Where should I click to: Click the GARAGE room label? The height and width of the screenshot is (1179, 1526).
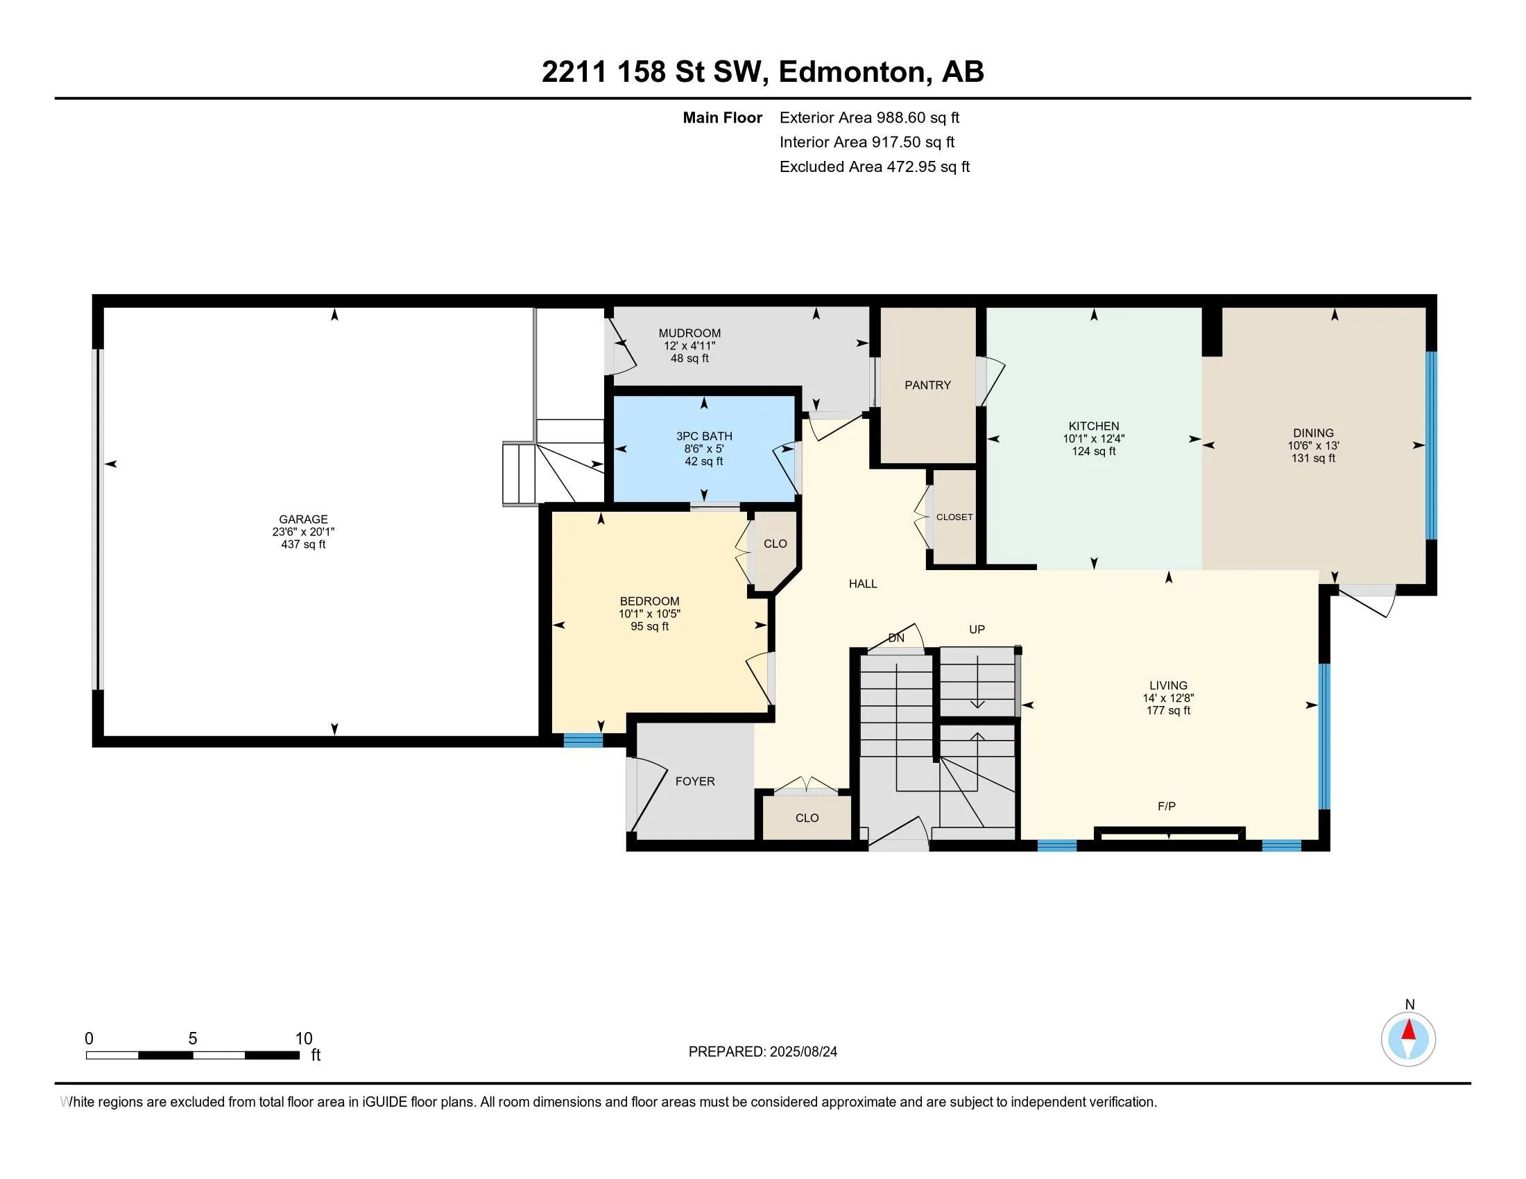[x=303, y=519]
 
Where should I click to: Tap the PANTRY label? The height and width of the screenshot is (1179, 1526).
[x=927, y=385]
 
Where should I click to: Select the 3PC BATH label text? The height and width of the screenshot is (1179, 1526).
[x=703, y=436]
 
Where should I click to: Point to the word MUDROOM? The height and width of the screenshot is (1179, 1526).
[x=689, y=333]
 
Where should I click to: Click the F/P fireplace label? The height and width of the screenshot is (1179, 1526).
[x=1166, y=806]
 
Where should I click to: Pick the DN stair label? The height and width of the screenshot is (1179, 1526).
[x=895, y=637]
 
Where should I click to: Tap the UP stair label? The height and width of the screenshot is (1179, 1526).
[x=977, y=629]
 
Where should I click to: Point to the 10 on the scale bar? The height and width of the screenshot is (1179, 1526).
[x=304, y=1039]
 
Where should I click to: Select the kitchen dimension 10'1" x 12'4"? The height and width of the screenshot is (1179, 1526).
[x=1093, y=438]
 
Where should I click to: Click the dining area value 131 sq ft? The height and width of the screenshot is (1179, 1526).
[x=1313, y=458]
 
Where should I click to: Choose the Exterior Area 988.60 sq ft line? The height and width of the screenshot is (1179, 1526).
[x=869, y=117]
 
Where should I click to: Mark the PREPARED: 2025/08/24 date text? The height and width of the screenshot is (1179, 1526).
[x=762, y=1051]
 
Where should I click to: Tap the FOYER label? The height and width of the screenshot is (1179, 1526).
[x=694, y=781]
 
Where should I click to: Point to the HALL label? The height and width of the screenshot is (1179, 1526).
[x=863, y=583]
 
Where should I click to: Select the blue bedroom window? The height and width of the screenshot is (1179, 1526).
[x=583, y=741]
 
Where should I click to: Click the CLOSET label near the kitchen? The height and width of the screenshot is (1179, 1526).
[x=954, y=517]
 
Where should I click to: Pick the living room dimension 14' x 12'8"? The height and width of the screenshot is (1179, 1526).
[x=1168, y=698]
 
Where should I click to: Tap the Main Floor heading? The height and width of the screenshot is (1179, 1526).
[x=723, y=117]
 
